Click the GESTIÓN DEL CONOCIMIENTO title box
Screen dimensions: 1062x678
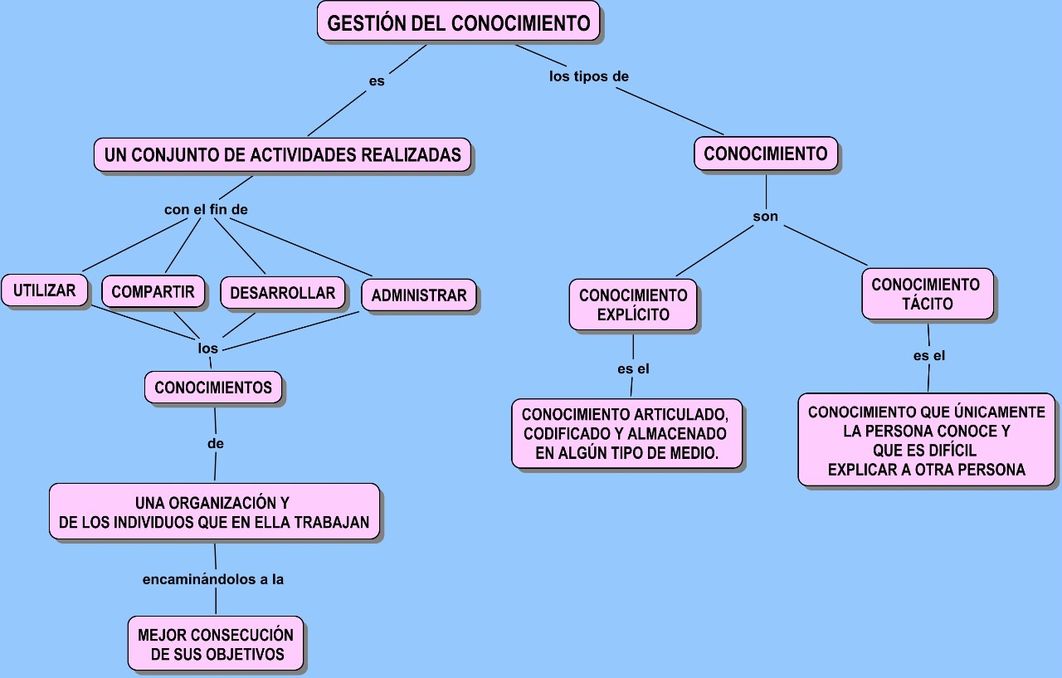(x=459, y=22)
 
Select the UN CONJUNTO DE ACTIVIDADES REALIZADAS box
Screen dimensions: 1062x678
(x=283, y=154)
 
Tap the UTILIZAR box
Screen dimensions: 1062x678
(x=45, y=290)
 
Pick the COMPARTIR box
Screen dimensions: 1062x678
(x=153, y=291)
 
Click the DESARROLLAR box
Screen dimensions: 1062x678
(x=283, y=293)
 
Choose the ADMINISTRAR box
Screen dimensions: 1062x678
(x=419, y=295)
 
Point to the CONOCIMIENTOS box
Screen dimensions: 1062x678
(x=213, y=388)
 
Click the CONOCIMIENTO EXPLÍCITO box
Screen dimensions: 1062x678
(x=633, y=305)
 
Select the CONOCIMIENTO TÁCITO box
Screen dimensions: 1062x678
(x=928, y=294)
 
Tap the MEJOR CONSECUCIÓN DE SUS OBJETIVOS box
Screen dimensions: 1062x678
(x=216, y=643)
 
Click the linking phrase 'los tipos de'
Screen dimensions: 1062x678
(x=589, y=76)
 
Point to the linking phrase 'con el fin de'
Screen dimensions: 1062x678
(x=206, y=209)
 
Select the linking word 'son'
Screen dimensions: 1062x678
(x=766, y=217)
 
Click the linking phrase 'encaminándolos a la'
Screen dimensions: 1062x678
(x=213, y=579)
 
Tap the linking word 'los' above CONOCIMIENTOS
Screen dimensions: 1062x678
(x=207, y=348)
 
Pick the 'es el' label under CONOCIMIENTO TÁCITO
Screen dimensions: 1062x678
(x=929, y=355)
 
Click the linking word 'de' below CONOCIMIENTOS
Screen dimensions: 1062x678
(x=216, y=443)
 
